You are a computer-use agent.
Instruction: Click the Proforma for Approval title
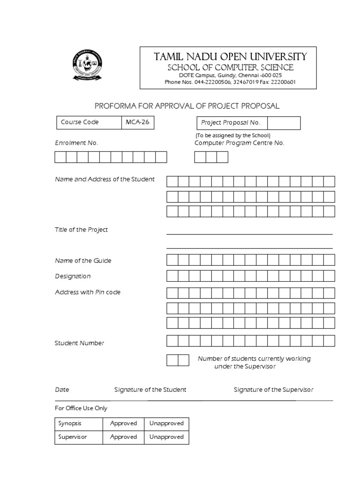[x=187, y=106]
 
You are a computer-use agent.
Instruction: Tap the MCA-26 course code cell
[x=138, y=122]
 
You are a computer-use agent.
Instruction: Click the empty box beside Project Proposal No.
[x=284, y=123]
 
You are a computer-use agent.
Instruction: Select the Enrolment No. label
[x=76, y=143]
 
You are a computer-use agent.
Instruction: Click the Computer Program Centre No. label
[x=239, y=143]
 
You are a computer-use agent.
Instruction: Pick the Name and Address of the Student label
[x=105, y=180]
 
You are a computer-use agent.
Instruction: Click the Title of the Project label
[x=82, y=230]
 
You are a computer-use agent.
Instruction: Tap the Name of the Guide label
[x=83, y=261]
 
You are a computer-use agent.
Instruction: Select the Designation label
[x=73, y=277]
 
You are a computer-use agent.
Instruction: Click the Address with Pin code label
[x=88, y=292]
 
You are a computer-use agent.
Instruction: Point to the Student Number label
[x=80, y=343]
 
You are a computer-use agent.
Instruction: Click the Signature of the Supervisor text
[x=273, y=390]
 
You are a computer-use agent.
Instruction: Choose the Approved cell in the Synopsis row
[x=123, y=423]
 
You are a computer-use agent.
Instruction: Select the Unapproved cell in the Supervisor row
[x=166, y=437]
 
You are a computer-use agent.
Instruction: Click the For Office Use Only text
[x=81, y=408]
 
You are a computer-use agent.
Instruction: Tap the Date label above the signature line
[x=62, y=390]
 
